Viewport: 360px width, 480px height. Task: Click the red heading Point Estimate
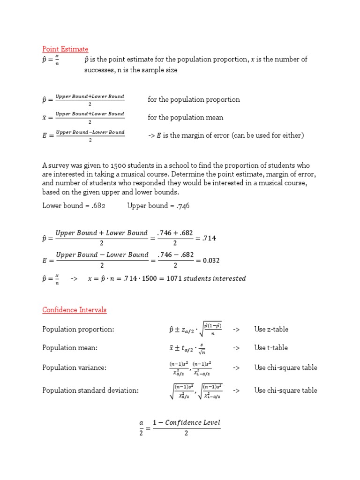[x=65, y=49]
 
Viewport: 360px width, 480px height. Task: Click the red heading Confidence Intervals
[x=74, y=310]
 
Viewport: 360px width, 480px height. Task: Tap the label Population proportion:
[x=78, y=330]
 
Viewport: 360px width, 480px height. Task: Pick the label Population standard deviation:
[x=90, y=390]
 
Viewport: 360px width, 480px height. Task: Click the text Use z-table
[x=271, y=329]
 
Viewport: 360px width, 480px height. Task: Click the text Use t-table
[x=271, y=347]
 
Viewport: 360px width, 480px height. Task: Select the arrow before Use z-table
[x=236, y=330]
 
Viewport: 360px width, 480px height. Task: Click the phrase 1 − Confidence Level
[x=186, y=422]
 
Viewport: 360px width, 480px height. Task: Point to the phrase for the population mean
[x=186, y=118]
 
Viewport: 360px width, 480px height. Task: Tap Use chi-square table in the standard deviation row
[x=285, y=390]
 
